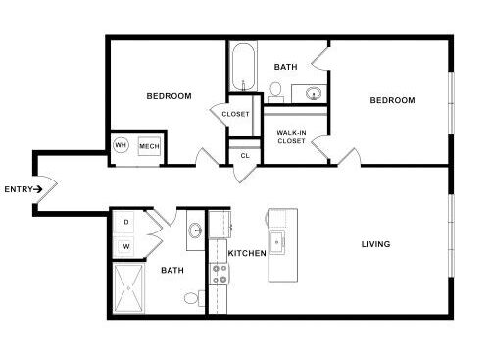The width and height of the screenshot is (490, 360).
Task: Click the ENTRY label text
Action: [x=19, y=189]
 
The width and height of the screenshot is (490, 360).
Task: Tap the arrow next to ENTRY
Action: [x=38, y=189]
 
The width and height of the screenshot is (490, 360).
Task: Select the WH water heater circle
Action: [x=121, y=145]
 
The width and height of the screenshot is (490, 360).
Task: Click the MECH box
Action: [x=149, y=146]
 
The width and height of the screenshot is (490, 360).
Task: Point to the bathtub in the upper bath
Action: [x=243, y=67]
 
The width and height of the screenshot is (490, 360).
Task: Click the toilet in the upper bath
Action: [x=276, y=92]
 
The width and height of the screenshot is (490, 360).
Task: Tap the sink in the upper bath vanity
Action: [x=314, y=93]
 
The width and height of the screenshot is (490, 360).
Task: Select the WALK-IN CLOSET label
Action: [x=291, y=137]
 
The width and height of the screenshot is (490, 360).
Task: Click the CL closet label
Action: [x=245, y=156]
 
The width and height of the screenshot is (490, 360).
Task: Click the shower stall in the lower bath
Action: [x=128, y=288]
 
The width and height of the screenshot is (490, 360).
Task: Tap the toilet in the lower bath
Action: [x=194, y=298]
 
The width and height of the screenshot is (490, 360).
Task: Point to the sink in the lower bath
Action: [x=196, y=230]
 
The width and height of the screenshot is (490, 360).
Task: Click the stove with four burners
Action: [x=220, y=274]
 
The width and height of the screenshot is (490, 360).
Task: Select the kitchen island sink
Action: [x=277, y=242]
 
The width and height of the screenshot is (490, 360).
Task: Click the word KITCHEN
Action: [x=247, y=253]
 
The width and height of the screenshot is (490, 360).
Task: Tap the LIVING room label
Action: [x=375, y=244]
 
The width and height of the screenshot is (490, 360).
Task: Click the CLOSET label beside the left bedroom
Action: [x=235, y=114]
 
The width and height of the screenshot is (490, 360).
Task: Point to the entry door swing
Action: [x=48, y=188]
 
